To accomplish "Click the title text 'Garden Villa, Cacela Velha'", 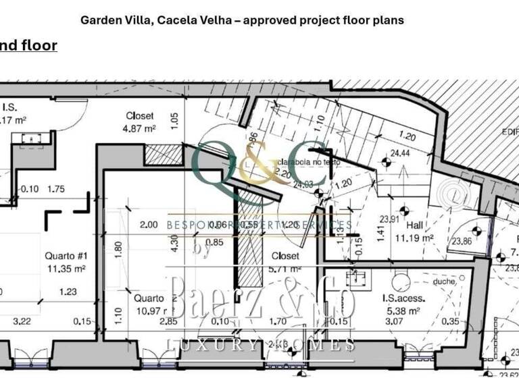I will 159,20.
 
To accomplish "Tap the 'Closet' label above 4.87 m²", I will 139,116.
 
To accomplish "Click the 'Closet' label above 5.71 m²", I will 285,256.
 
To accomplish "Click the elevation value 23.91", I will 388,219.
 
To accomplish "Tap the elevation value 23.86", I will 462,240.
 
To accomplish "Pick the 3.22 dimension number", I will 23,321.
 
